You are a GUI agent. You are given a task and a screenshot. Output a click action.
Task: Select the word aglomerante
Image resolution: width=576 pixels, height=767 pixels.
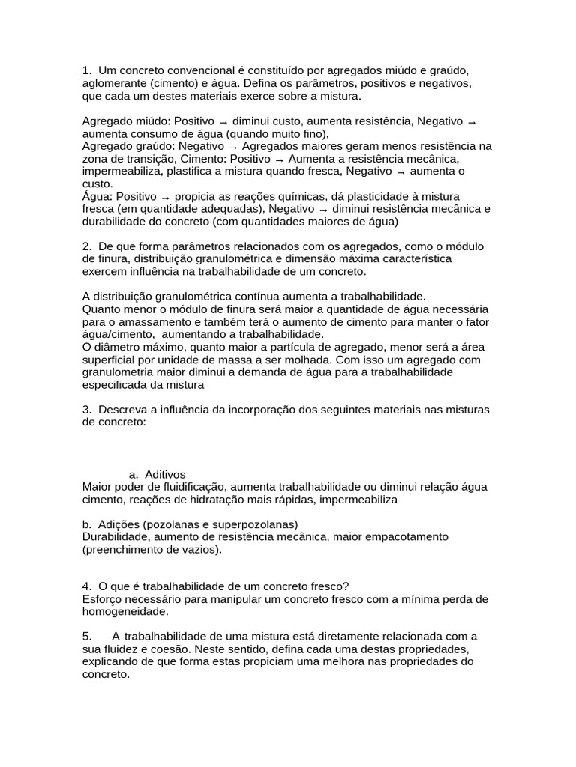(113, 83)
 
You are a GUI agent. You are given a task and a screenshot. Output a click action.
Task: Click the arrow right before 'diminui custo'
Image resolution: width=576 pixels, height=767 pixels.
(223, 121)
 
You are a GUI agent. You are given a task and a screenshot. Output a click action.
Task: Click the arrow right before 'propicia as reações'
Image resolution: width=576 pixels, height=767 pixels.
(166, 197)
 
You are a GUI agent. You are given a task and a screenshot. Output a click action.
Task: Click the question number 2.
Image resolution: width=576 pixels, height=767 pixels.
(87, 246)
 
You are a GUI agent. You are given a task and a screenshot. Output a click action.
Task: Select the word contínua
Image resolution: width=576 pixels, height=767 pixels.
(277, 296)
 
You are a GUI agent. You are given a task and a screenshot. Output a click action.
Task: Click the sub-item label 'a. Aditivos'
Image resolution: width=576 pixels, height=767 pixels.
(157, 474)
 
